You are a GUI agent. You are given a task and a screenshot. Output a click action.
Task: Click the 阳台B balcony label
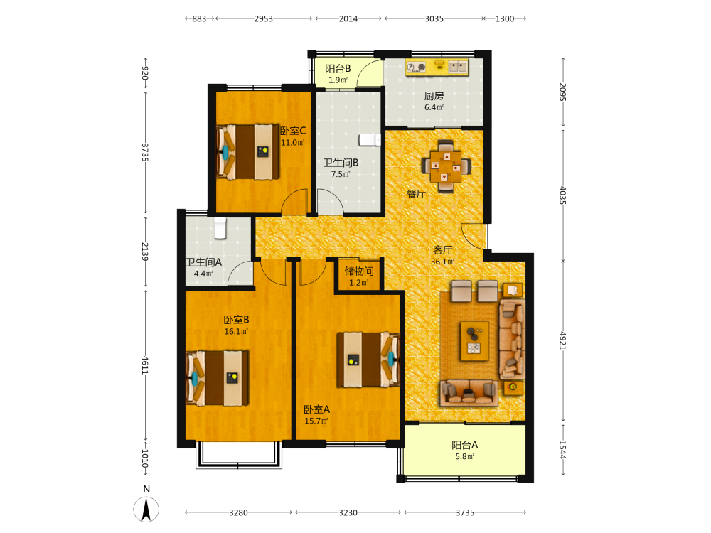(338, 69)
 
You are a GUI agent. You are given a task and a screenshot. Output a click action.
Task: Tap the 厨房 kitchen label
(434, 96)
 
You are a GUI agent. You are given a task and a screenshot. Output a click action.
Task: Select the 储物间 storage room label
(359, 271)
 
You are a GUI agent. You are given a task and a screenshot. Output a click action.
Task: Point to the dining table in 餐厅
(447, 166)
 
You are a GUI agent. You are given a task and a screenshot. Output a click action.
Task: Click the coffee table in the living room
(474, 341)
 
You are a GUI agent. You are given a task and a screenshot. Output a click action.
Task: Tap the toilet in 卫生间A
(220, 228)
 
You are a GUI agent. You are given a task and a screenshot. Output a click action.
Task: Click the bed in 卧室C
(247, 152)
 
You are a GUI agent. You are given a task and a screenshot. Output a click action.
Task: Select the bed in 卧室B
(217, 378)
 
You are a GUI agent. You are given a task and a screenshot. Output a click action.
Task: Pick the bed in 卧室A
(368, 360)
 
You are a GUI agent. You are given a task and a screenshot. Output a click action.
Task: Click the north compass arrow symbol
(146, 509)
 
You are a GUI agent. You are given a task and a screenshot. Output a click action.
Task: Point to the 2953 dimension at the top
(264, 18)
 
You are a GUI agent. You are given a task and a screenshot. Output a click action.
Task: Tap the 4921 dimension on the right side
(563, 340)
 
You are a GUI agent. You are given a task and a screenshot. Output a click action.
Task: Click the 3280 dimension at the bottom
(238, 512)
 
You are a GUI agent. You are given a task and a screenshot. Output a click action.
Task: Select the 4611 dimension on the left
(145, 365)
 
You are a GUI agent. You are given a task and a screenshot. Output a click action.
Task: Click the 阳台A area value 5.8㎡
(465, 457)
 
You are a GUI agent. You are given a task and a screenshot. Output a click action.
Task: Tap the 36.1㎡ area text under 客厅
(442, 262)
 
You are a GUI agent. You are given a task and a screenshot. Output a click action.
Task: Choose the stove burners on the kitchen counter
(416, 67)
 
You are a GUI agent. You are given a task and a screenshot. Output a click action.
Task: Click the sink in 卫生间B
(370, 139)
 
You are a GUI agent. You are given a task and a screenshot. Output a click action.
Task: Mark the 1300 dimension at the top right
(505, 18)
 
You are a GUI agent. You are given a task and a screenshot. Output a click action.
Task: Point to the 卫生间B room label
(341, 163)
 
